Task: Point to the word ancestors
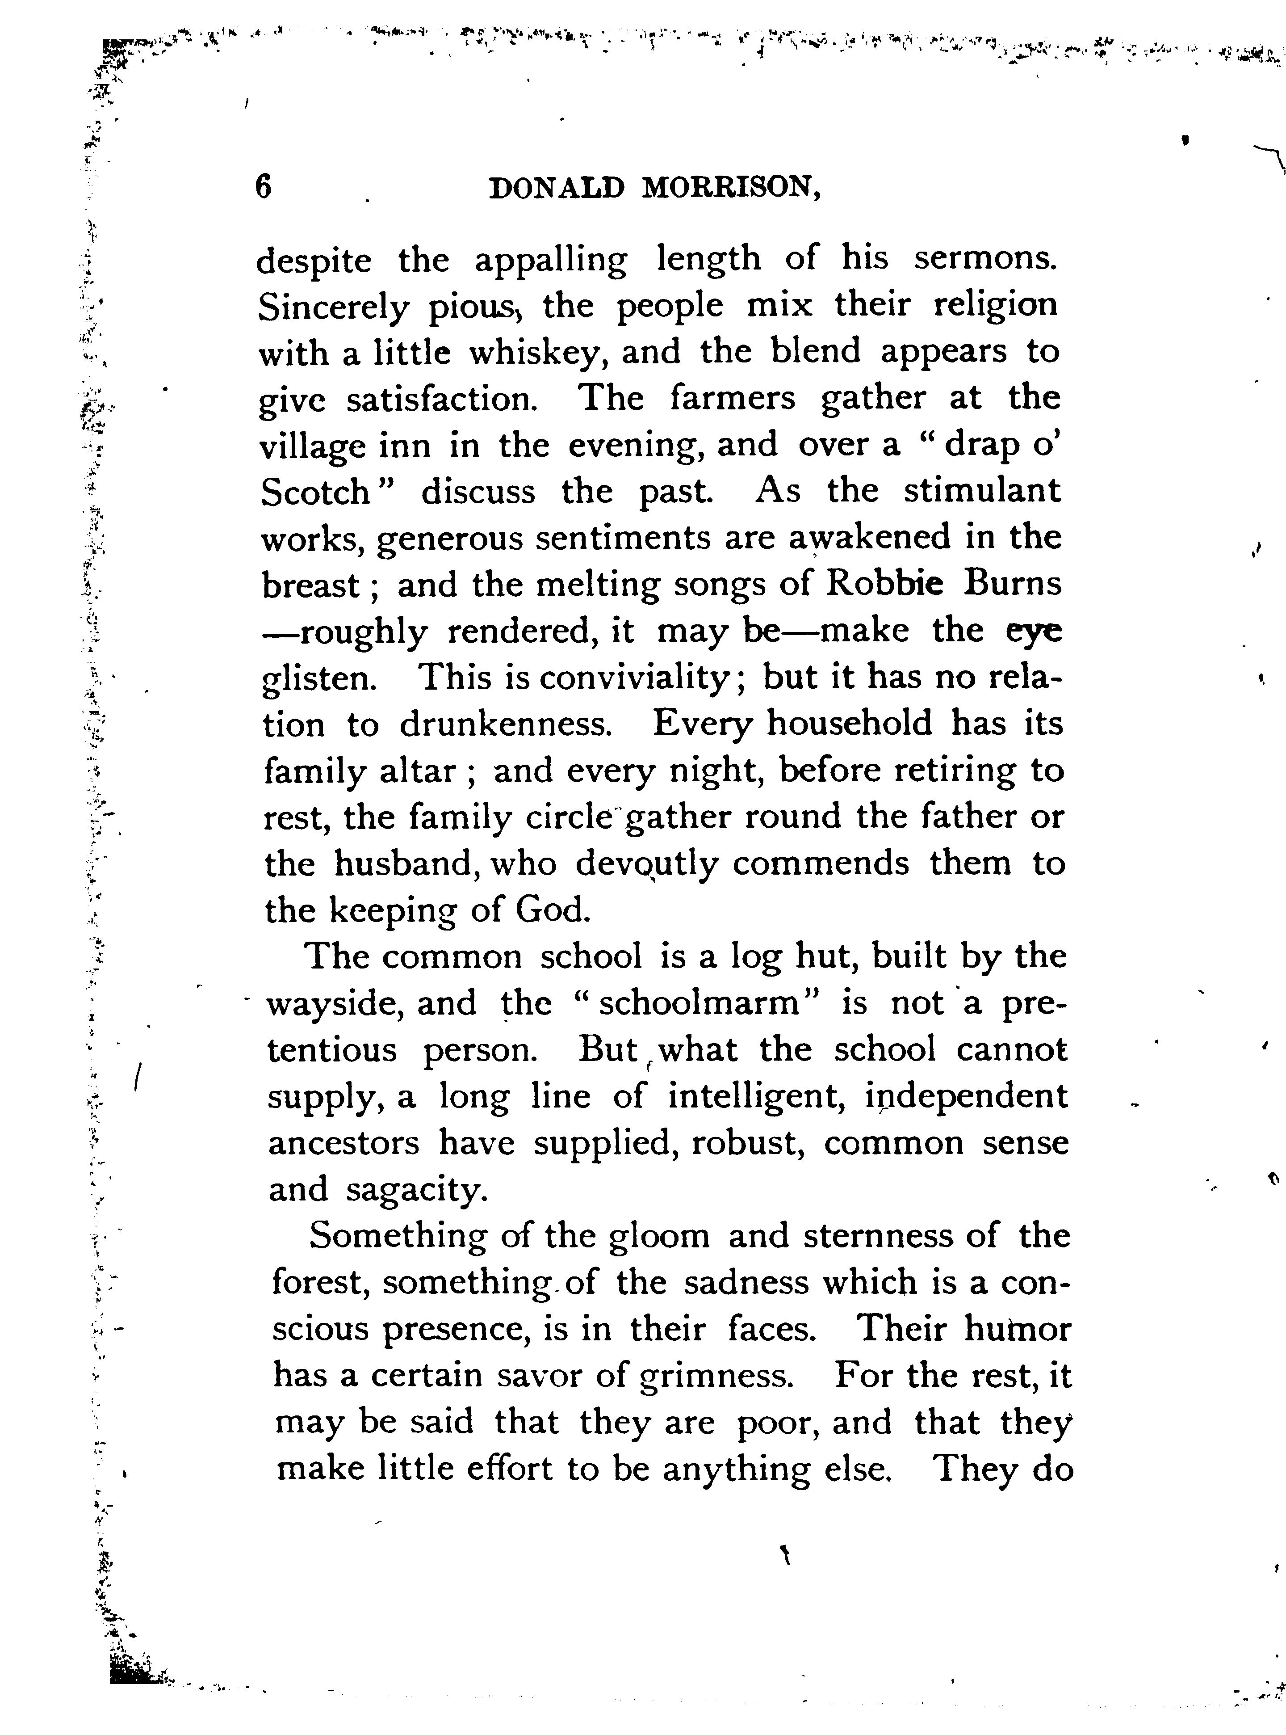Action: tap(344, 1143)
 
